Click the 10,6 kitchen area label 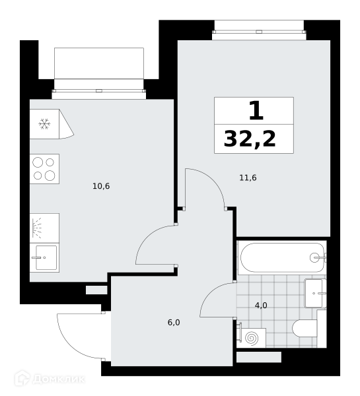[101, 186]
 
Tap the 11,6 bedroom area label [248, 178]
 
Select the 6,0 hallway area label [174, 323]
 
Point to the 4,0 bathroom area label [261, 306]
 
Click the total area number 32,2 [250, 139]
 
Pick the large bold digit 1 [256, 110]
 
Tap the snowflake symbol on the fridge [44, 124]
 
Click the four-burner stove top [44, 169]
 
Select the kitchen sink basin [46, 257]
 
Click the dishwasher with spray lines [44, 228]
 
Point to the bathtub [282, 257]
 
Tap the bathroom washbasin [315, 293]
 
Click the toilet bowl [305, 329]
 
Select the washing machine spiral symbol [252, 338]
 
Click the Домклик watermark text [58, 379]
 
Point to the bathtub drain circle [314, 257]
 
